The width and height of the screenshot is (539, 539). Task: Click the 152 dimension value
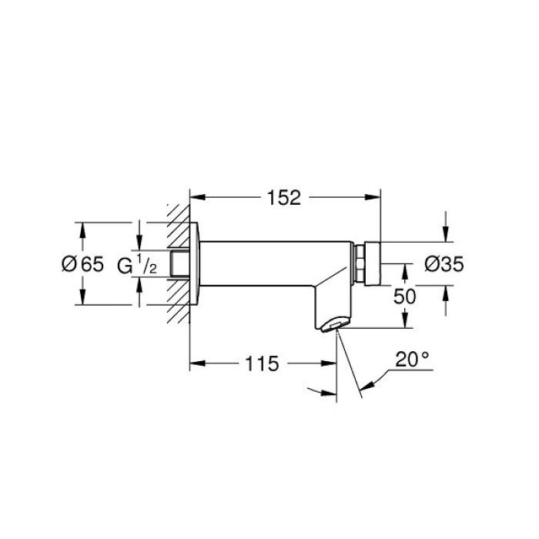285,198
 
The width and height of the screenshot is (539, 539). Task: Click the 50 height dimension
405,296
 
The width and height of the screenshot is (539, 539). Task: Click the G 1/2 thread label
138,265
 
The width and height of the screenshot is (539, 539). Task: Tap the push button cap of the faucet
373,263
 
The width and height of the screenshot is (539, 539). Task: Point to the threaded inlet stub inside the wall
180,263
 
